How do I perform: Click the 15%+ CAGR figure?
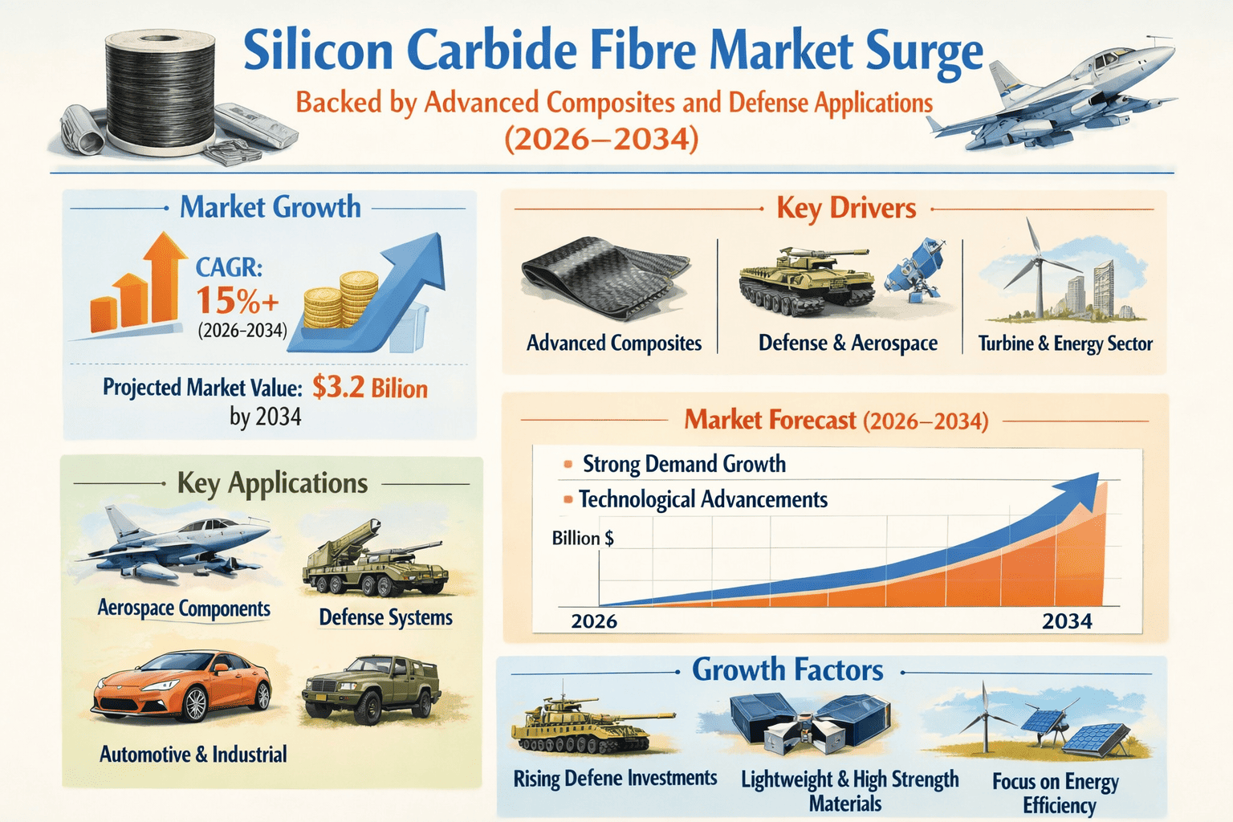[x=238, y=301]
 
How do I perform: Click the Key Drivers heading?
[x=846, y=209]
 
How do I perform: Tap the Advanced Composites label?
[x=614, y=344]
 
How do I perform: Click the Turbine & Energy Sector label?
[x=1065, y=344]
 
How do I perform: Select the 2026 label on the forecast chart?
[x=594, y=621]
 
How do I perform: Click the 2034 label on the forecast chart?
[x=1067, y=621]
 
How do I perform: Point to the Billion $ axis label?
[x=583, y=538]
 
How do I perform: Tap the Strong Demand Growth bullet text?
[x=684, y=464]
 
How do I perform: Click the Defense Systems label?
[x=385, y=617]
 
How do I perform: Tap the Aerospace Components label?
[x=184, y=608]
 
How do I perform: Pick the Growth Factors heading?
[x=787, y=670]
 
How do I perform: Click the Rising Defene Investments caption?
[x=615, y=778]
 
